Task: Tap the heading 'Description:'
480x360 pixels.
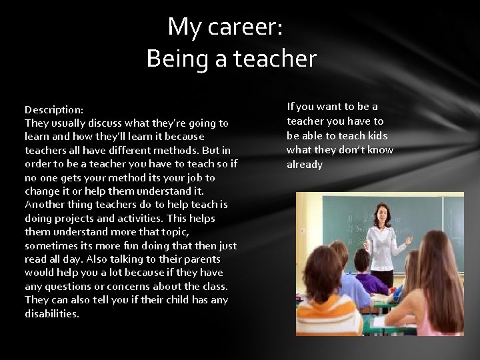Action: coord(54,109)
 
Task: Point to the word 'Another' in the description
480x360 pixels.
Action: coord(44,205)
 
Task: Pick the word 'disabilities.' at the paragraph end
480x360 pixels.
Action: coord(52,314)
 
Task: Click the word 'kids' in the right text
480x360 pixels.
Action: coord(377,135)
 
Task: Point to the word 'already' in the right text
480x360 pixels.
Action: coord(305,165)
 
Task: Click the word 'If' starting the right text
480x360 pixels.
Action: coord(291,107)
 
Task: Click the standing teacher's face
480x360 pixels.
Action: coord(383,215)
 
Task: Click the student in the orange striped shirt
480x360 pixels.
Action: coord(331,307)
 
